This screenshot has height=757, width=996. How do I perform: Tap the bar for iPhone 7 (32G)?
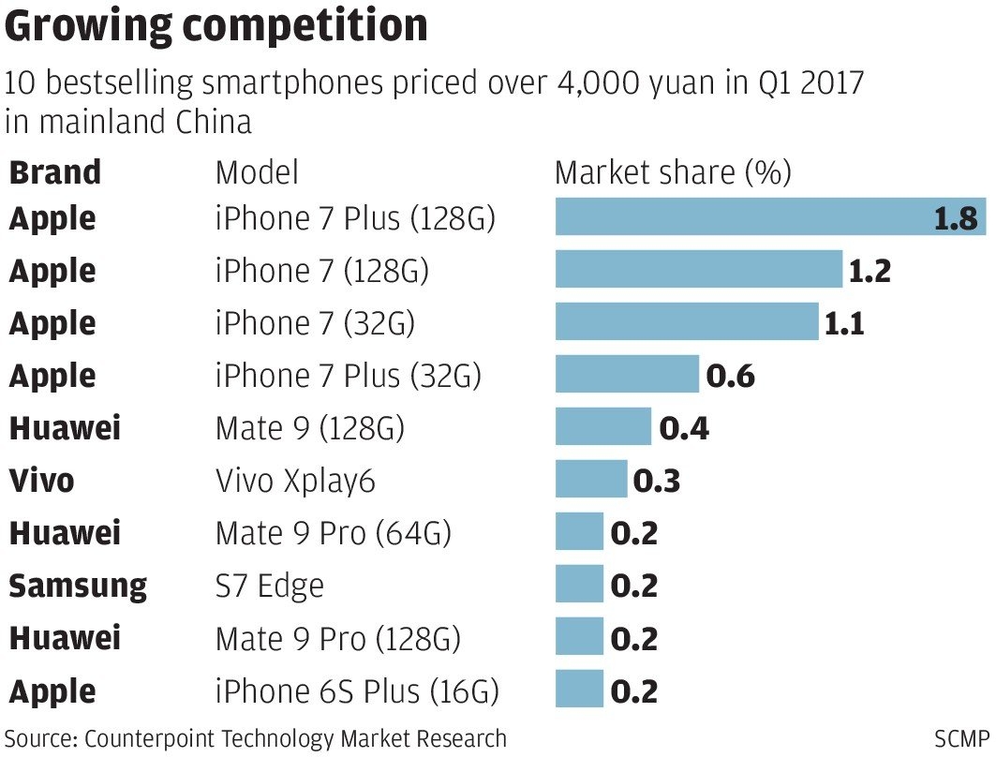[x=686, y=323]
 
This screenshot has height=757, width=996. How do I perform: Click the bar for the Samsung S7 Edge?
[x=579, y=586]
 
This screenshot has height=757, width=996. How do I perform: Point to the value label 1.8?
[x=956, y=218]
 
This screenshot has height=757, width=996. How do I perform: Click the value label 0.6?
[x=730, y=376]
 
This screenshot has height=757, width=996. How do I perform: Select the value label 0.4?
[x=684, y=428]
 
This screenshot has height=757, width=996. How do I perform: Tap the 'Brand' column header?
[x=55, y=172]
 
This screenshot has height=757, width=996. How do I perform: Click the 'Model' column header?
[x=257, y=172]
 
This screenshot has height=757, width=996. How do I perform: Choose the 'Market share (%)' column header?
[x=673, y=172]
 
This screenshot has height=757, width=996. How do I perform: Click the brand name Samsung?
[x=78, y=586]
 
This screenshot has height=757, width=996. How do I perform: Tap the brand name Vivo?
[x=41, y=481]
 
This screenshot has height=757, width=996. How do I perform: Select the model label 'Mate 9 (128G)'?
[x=310, y=428]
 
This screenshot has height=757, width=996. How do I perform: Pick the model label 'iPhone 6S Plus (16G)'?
[x=357, y=691]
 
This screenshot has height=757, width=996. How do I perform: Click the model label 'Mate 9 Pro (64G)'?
[x=334, y=533]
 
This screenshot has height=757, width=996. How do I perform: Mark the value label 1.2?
[x=869, y=271]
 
